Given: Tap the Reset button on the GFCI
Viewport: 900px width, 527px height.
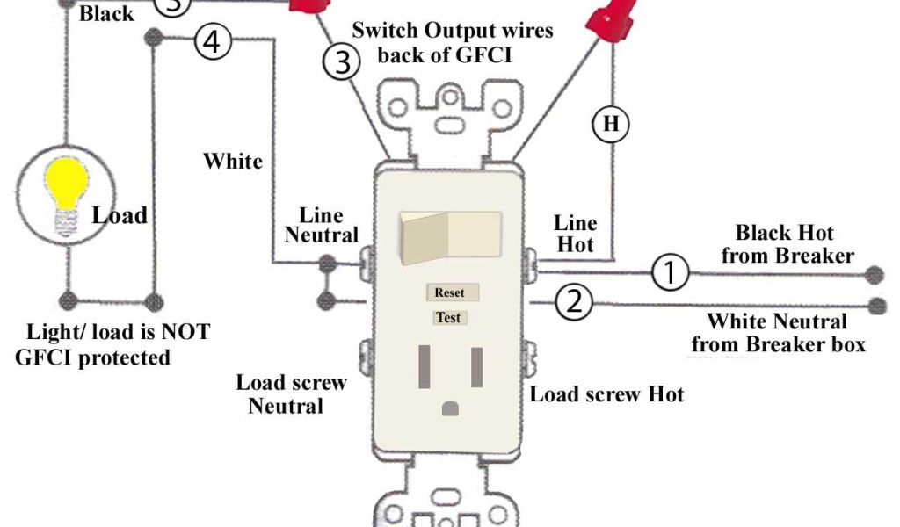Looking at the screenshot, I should point(450,292).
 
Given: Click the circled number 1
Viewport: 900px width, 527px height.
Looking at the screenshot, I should point(670,273).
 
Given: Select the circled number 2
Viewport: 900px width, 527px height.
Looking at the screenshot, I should point(574,303).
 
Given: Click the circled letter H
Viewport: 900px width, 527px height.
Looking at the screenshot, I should point(611,124).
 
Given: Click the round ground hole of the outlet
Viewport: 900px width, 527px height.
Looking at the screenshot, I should point(452,408).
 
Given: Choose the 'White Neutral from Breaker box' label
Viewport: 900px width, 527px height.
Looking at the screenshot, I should point(778,332).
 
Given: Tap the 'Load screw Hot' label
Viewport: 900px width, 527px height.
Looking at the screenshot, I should point(606,394).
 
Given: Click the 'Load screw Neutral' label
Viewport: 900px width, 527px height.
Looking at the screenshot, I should point(291,394).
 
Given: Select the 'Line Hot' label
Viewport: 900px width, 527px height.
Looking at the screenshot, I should point(576,234).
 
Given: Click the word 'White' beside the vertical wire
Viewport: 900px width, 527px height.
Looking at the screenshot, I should point(233,162).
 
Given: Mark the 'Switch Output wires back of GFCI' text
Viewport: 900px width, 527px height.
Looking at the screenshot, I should point(453,42).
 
